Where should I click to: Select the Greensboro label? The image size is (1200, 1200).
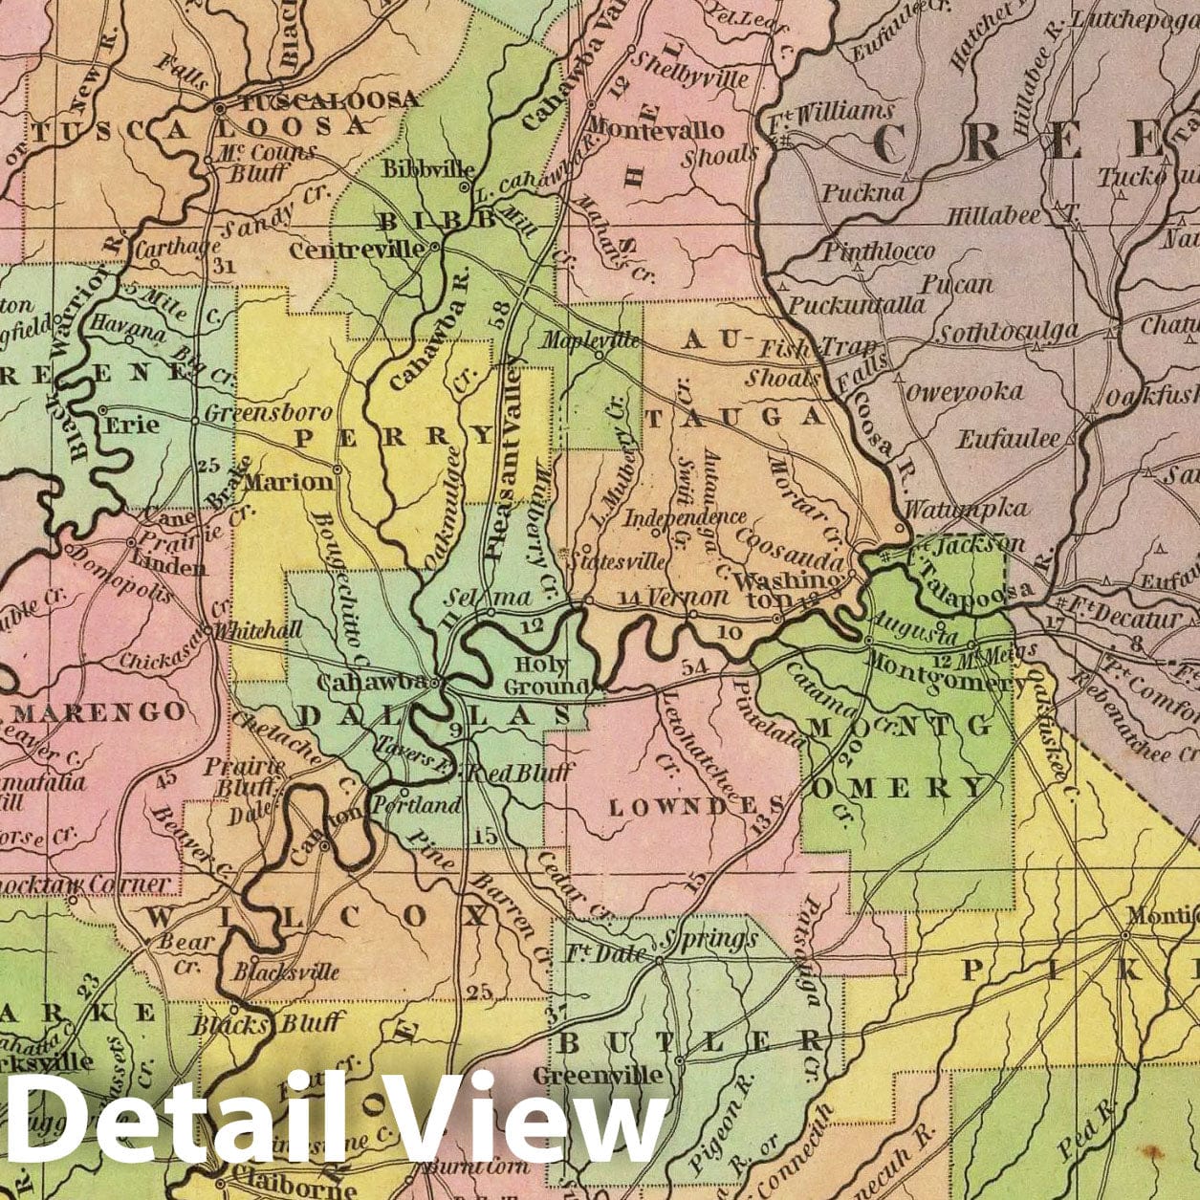(269, 414)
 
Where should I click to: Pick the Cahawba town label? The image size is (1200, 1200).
(371, 683)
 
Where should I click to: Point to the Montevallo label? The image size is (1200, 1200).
(657, 129)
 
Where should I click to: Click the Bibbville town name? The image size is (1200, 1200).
(423, 169)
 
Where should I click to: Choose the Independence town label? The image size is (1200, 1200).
(685, 517)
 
